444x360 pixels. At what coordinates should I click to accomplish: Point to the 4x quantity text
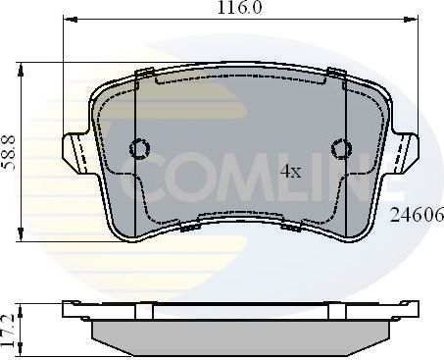[x=290, y=172]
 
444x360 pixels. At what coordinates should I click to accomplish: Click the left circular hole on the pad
[x=140, y=149]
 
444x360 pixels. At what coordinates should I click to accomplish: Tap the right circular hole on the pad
[x=342, y=149]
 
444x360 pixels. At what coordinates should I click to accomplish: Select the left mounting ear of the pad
[x=76, y=152]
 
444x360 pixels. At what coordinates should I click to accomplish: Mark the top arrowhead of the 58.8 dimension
[x=21, y=67]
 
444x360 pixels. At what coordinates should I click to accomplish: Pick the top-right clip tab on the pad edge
[x=335, y=73]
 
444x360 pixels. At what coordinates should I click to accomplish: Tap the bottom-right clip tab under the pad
[x=291, y=227]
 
